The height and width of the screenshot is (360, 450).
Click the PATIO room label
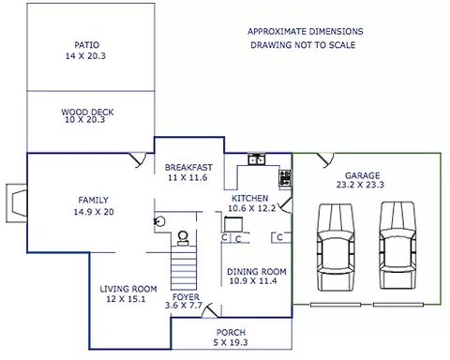[87, 45]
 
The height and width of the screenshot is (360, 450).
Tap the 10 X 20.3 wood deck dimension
[85, 120]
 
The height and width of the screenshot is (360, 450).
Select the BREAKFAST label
[188, 168]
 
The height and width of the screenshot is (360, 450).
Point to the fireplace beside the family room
[17, 203]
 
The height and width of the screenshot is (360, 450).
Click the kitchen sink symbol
[257, 159]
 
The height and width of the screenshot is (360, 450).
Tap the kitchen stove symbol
[285, 178]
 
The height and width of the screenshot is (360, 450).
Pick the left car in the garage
[336, 247]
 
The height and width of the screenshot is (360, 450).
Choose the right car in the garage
[397, 246]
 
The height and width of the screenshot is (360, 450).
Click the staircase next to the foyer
[184, 268]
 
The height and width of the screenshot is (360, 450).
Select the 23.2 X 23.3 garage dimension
[360, 185]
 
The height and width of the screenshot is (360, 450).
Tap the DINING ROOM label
[257, 272]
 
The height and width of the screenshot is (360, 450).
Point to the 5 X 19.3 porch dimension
[231, 343]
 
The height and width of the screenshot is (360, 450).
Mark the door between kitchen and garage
[286, 205]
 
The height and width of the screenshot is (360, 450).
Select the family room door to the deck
[138, 160]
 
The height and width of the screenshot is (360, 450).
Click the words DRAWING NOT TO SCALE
[303, 45]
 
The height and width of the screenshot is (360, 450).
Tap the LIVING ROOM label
[128, 289]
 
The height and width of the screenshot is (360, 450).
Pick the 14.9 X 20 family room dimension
[94, 212]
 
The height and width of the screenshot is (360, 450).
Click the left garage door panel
[336, 305]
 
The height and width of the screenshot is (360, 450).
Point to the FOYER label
[186, 297]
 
